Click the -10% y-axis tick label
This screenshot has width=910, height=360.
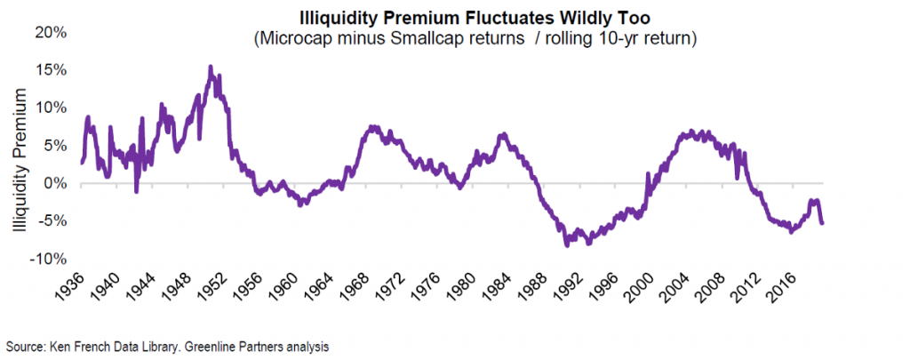tap(50, 259)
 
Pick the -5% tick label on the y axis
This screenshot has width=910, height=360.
tap(53, 221)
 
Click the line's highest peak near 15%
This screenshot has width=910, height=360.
tap(211, 67)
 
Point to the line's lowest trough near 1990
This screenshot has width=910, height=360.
tap(566, 245)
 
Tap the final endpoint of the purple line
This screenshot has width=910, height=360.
tap(822, 223)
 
